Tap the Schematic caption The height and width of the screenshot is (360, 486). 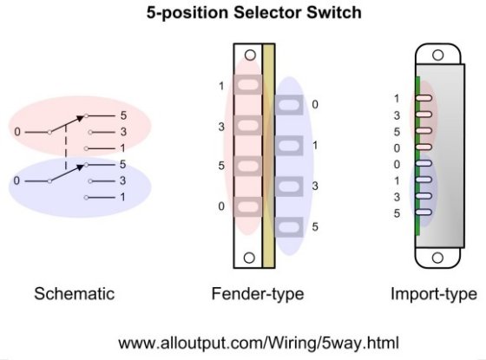pyautogui.click(x=74, y=294)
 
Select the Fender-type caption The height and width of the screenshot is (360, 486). pyautogui.click(x=258, y=294)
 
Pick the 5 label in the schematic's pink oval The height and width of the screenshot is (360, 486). pyautogui.click(x=123, y=115)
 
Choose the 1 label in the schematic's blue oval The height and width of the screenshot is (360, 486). pyautogui.click(x=123, y=198)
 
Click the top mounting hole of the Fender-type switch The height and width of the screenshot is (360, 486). pyautogui.click(x=249, y=56)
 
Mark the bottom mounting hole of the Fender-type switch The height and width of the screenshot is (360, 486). pyautogui.click(x=249, y=258)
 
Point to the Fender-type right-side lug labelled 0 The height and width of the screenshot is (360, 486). pyautogui.click(x=290, y=106)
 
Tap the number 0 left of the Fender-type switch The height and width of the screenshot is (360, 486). pyautogui.click(x=221, y=206)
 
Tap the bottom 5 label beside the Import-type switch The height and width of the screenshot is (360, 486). pyautogui.click(x=397, y=213)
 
